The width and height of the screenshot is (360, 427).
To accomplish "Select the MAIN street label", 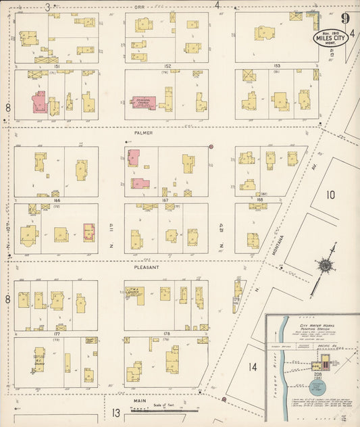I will pos(140,400).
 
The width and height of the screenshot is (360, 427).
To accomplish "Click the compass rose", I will pos(326,266).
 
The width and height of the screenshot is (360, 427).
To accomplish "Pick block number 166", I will pos(57,200).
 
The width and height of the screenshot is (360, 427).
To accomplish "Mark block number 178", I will pos(166,333).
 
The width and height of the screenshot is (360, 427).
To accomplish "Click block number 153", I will pos(277,66).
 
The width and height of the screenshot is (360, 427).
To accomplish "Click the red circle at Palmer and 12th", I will pos(211,147).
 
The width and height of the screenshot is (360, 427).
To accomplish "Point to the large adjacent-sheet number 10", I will pos(330,195).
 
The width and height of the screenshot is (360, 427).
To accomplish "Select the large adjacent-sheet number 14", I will pos(253,368).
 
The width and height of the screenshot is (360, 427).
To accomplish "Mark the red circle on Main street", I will pos(224,399).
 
